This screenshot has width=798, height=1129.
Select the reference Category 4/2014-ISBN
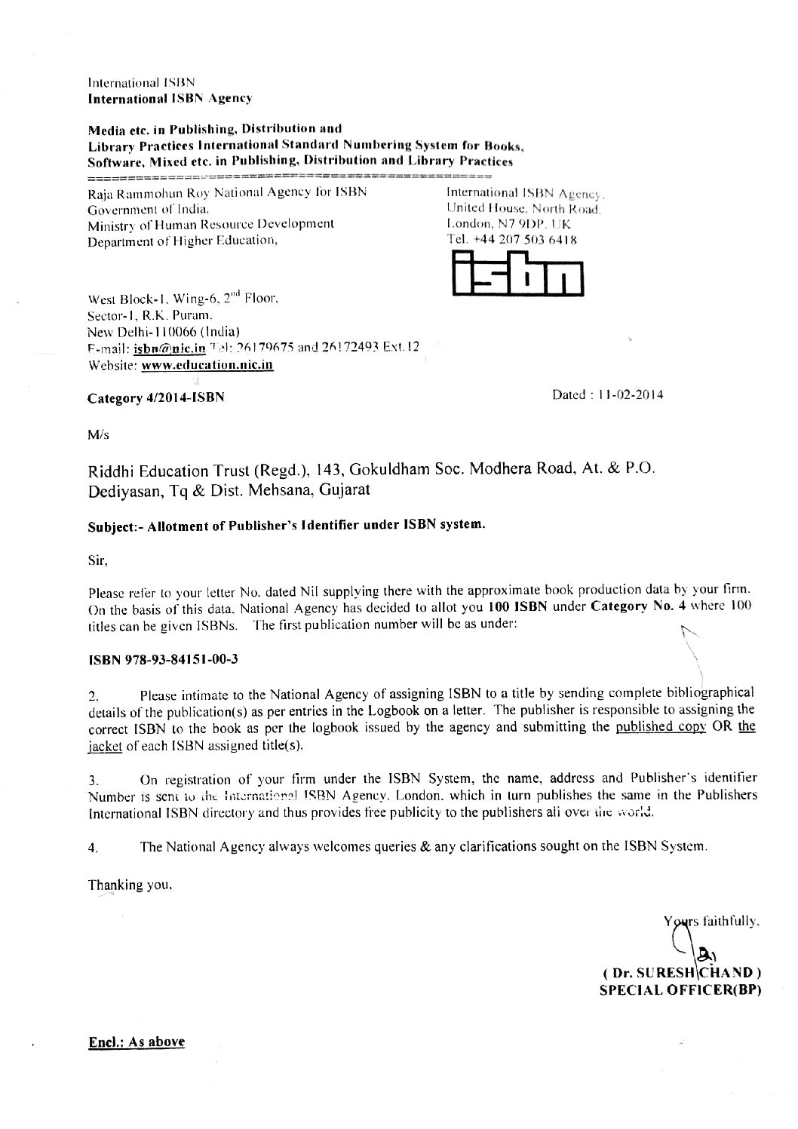coord(156,397)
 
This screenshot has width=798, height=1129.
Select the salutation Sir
coord(97,560)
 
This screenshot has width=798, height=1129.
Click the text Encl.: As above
coord(137,1042)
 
